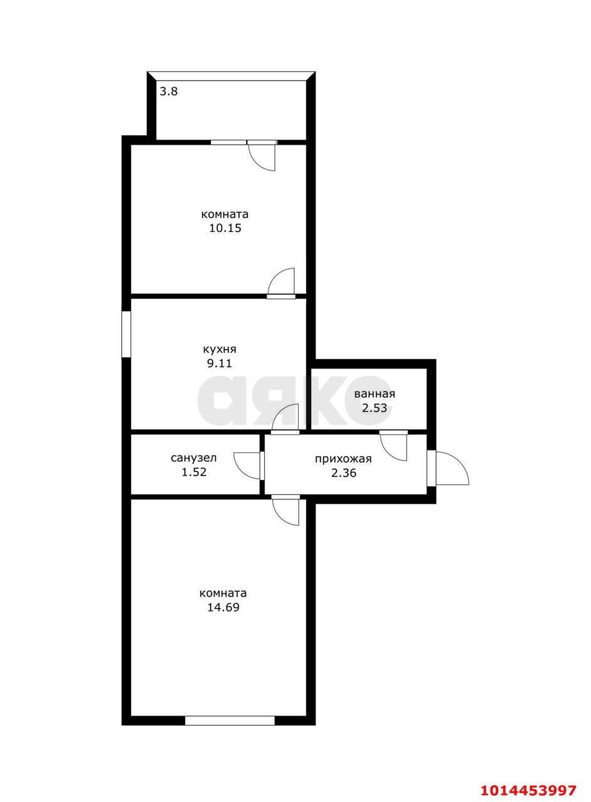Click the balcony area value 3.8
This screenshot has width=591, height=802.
[169, 91]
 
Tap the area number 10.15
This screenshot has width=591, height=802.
[225, 228]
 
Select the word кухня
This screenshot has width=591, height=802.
[220, 350]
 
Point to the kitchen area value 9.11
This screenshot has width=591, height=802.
[219, 363]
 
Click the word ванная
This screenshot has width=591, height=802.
[375, 394]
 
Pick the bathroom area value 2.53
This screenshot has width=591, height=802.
[375, 408]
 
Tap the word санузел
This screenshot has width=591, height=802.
[194, 458]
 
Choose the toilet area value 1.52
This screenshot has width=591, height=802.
[194, 472]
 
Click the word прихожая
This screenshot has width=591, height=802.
[343, 459]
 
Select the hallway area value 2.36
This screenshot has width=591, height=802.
[344, 473]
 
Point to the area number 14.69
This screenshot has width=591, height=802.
[223, 608]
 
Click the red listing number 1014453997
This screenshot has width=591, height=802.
[528, 789]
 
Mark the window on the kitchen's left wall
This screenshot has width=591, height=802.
[126, 334]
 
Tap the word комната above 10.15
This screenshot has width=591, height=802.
[225, 214]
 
